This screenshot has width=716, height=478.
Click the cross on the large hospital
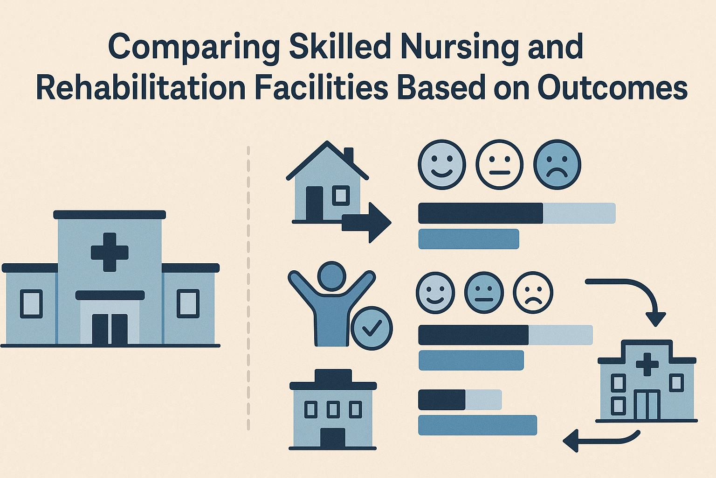pyautogui.click(x=110, y=252)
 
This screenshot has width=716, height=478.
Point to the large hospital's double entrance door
pyautogui.click(x=110, y=329)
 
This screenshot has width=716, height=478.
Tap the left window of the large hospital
pyautogui.click(x=31, y=303)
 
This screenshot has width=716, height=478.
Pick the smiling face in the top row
pyautogui.click(x=442, y=164)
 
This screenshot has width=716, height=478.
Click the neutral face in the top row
pyautogui.click(x=500, y=164)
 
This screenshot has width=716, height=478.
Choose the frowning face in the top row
pyautogui.click(x=557, y=164)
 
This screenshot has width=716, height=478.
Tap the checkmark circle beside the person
pyautogui.click(x=372, y=328)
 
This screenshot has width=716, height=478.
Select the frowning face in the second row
pyautogui.click(x=533, y=293)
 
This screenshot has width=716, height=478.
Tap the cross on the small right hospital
pyautogui.click(x=647, y=364)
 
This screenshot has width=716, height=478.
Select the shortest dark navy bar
pyautogui.click(x=441, y=400)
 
